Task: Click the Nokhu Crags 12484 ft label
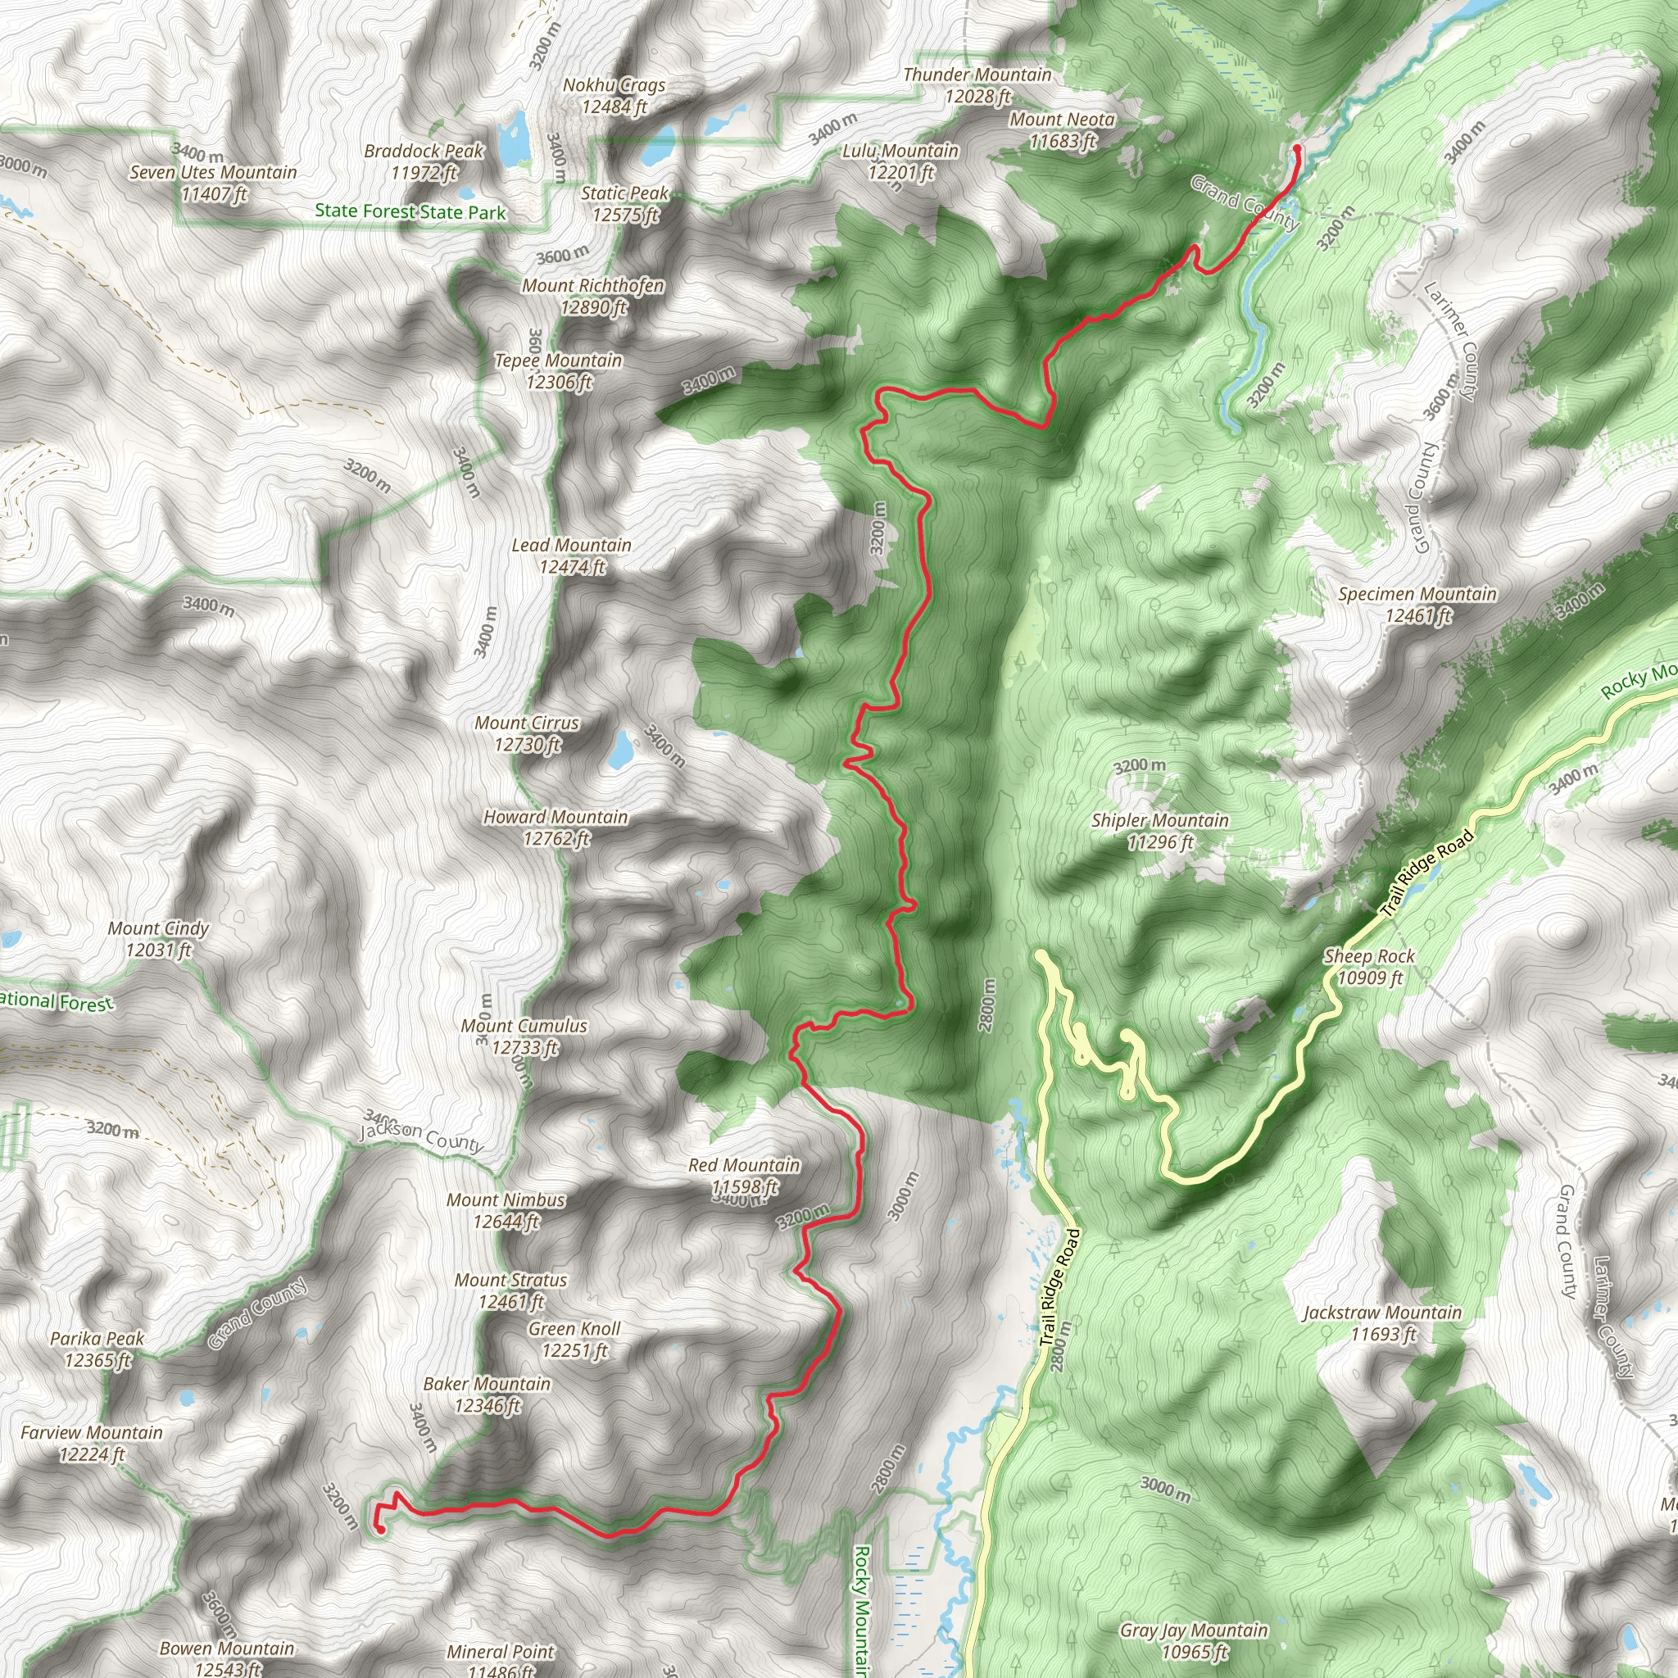(614, 96)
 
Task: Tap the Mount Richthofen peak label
(593, 296)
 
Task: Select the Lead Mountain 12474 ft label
(572, 556)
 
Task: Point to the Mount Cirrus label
(526, 733)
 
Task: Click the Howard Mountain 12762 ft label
(556, 827)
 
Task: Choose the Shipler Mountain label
(1159, 830)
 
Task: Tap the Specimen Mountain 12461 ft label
(1417, 605)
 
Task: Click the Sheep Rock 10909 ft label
(1370, 967)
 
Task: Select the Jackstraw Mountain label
(1383, 1322)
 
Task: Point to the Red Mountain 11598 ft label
(744, 1175)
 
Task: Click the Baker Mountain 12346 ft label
(488, 1394)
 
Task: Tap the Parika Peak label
(98, 1349)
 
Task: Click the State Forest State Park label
(410, 211)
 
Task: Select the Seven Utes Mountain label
(214, 183)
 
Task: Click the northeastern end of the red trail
(1297, 149)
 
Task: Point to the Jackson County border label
(422, 1136)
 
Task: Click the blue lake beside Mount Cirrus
(620, 751)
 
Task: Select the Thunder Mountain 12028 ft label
(978, 85)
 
